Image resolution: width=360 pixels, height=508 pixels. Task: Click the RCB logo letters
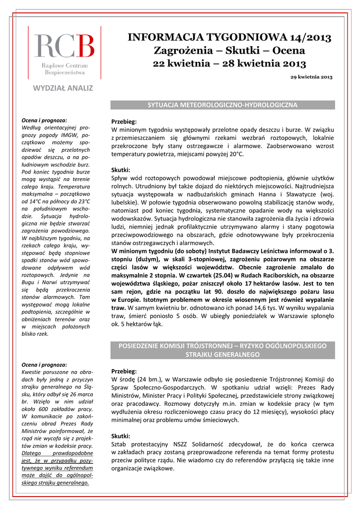[x=64, y=46]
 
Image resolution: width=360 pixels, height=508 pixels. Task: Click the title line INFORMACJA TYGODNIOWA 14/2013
[x=229, y=37]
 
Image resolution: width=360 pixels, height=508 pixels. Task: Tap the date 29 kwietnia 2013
[x=311, y=77]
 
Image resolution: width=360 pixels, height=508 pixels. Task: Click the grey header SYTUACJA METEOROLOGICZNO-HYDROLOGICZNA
[x=222, y=105]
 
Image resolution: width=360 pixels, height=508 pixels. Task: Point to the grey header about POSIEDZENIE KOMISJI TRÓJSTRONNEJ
[x=222, y=350]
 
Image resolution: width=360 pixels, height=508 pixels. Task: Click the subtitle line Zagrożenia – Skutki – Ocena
[x=229, y=51]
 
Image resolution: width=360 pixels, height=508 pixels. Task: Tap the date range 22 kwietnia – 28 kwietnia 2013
[x=229, y=63]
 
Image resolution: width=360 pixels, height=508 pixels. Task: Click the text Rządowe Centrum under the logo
[x=65, y=66]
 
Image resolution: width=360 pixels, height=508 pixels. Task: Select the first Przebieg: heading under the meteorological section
[x=124, y=122]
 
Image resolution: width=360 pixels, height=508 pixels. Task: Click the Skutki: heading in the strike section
[x=121, y=436]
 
